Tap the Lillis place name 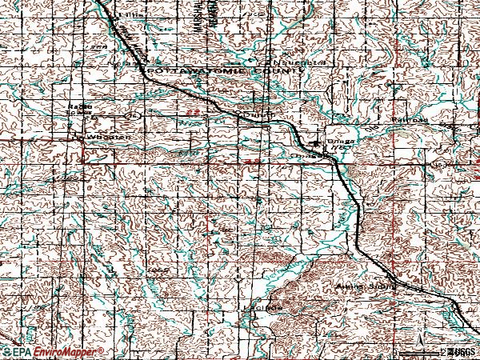(126, 14)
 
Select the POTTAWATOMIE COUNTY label (223, 71)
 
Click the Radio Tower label (79, 109)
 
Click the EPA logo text (18, 352)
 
